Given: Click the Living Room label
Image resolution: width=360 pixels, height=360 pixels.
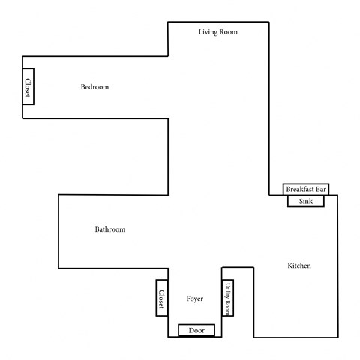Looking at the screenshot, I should coord(217,31).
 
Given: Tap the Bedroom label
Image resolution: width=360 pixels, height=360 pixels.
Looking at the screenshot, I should coord(94,87).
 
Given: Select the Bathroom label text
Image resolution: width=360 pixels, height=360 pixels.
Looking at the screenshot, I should coord(109,229).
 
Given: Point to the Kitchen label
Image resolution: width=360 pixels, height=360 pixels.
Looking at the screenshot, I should coord(299,266).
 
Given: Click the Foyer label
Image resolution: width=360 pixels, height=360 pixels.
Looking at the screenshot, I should coord(195,298).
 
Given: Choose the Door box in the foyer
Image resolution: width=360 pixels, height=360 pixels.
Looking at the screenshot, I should coord(196,330).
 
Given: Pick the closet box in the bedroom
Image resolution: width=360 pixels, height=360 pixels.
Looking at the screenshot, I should coord(28,87).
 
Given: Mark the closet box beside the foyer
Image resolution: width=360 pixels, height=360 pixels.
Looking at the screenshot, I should coord(160,298).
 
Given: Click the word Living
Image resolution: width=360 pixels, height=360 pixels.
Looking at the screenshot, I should coord(208,31).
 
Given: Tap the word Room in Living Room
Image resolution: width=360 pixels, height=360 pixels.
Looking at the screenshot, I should coord(229,31).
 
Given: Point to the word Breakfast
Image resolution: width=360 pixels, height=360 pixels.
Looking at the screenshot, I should coord(300,190).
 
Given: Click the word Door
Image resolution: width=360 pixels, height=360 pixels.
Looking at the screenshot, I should coord(196,330).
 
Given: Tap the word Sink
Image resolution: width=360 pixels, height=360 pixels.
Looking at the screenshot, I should coord(305,201).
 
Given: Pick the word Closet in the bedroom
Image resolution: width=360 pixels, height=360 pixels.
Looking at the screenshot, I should coord(28,87).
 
